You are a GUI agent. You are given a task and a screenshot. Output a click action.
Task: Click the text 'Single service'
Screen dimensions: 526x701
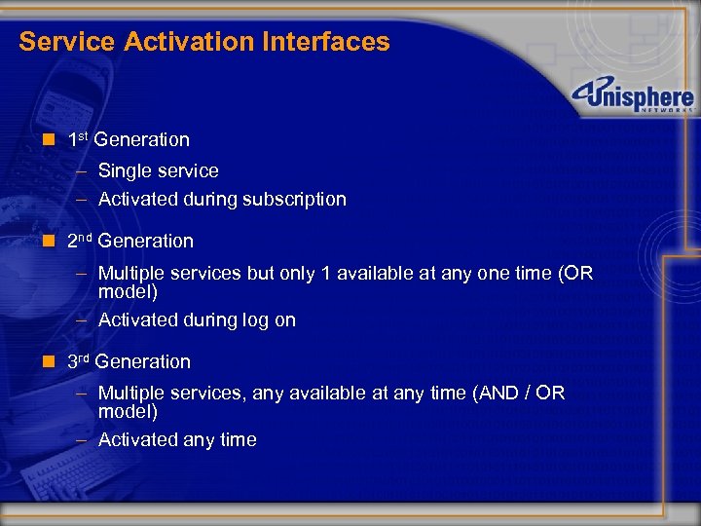coord(158,170)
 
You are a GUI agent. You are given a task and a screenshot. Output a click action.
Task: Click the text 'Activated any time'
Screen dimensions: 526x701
coord(177,439)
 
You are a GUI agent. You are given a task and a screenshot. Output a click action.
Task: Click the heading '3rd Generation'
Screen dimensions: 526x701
coord(129,361)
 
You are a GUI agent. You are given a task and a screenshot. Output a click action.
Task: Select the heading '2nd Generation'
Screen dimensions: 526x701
coord(130,241)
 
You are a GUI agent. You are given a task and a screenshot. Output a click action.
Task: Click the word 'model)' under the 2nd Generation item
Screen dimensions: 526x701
coord(128,291)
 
